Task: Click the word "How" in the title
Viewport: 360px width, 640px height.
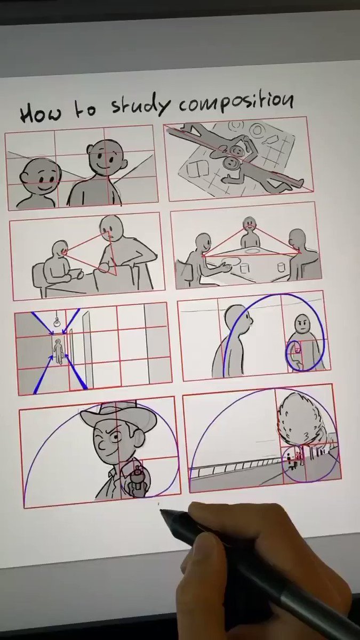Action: click(x=41, y=114)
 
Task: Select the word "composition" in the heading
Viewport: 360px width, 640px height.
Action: click(x=236, y=103)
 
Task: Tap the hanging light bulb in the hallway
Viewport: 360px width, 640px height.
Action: click(x=57, y=322)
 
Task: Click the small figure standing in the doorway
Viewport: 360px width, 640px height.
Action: click(x=59, y=351)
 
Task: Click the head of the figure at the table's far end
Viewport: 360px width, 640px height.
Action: click(x=250, y=223)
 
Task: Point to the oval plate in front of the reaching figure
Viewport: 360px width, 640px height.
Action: click(x=232, y=261)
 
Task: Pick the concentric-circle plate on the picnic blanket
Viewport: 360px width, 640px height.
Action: click(x=258, y=131)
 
